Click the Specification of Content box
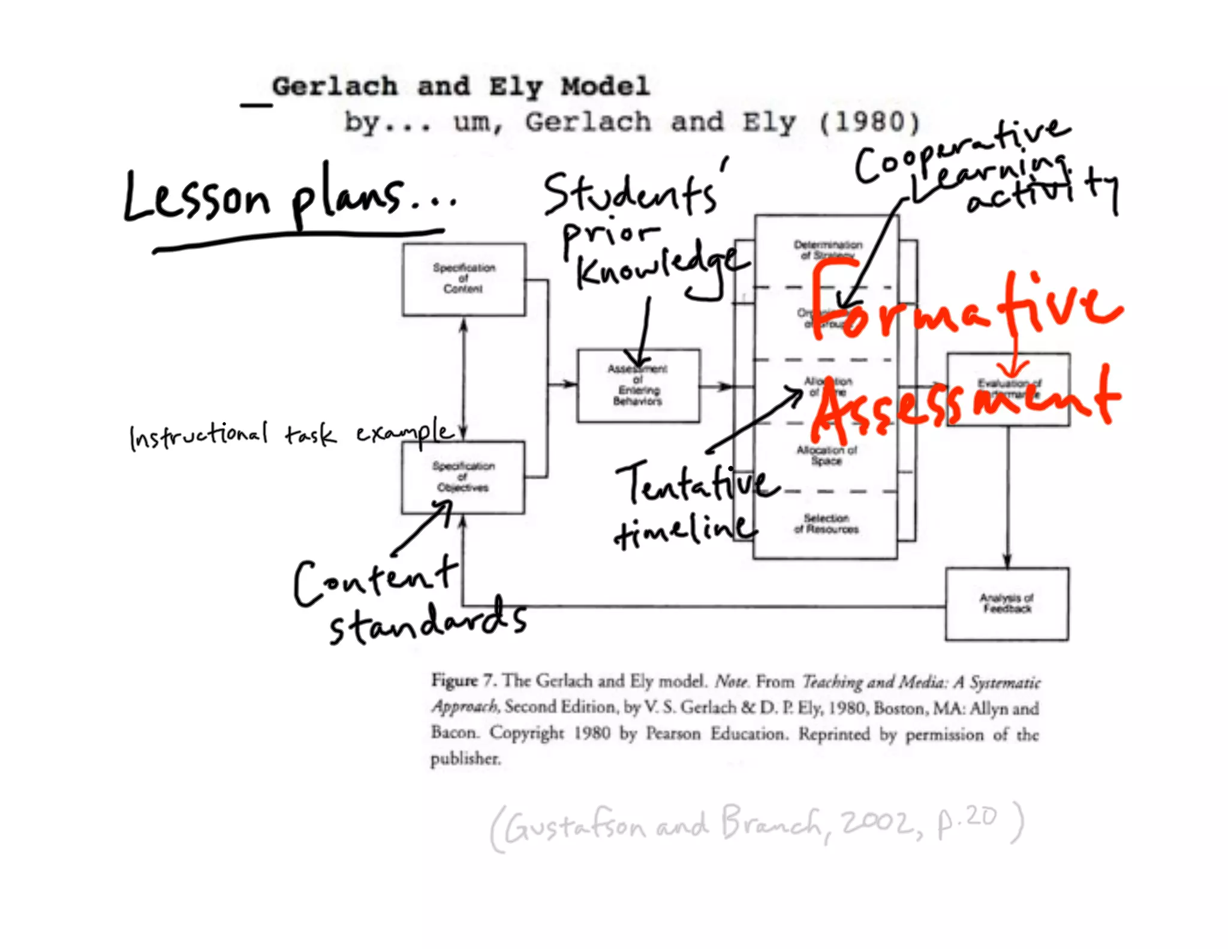coord(463,279)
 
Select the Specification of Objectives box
coord(463,477)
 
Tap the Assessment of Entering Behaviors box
coord(638,386)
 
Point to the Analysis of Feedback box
coord(1007,604)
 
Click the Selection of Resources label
coord(826,524)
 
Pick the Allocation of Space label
coord(826,455)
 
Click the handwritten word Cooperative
coord(959,150)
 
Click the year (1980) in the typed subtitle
coord(869,123)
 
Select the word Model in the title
coord(606,87)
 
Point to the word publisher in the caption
coord(465,759)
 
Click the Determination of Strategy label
coord(827,250)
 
